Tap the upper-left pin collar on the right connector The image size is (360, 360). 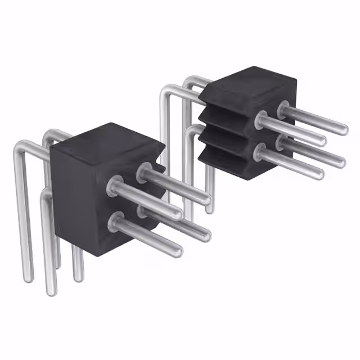(261, 119)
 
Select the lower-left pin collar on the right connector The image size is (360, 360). (260, 150)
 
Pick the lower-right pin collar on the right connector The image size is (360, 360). (283, 141)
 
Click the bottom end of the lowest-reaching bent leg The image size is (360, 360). (51, 290)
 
